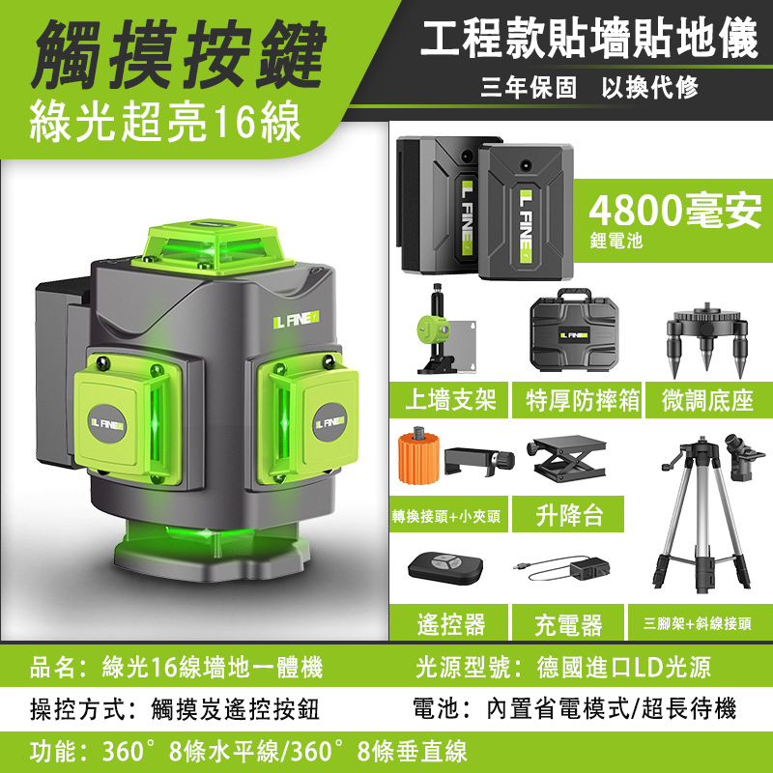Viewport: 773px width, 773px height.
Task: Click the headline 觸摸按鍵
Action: coord(180,54)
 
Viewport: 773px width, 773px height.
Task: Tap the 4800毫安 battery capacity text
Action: coord(675,211)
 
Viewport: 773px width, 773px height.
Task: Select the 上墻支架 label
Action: coord(450,400)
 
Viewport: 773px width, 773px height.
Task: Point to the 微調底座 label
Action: coord(707,400)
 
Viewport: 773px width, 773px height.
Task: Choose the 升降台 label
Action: coord(569,515)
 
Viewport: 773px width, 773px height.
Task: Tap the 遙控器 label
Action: coord(451,624)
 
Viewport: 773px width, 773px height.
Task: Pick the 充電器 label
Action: coord(568,624)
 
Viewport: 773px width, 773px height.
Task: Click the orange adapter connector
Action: coord(419,456)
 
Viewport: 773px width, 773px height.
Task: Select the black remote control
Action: coord(445,568)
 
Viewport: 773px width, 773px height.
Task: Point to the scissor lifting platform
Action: coord(566,457)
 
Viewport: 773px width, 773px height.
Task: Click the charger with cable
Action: coord(562,569)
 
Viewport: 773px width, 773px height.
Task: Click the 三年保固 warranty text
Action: coord(529,88)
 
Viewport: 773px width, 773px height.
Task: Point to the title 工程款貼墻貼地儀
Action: coord(589,38)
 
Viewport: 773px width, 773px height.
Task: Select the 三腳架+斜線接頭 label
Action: coord(697,623)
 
